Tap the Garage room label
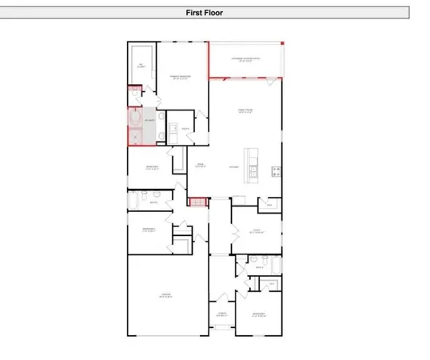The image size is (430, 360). [165, 297]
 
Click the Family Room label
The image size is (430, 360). [245, 111]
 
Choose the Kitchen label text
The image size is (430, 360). [234, 166]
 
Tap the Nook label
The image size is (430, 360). [201, 166]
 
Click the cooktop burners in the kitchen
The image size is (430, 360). [277, 170]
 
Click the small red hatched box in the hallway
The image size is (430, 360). [195, 201]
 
